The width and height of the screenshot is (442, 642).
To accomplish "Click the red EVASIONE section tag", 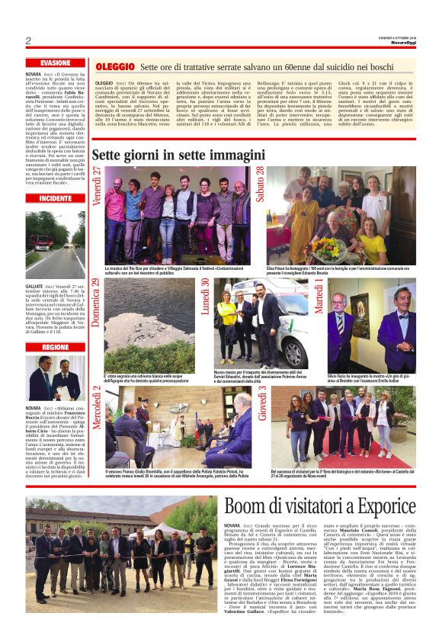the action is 56,63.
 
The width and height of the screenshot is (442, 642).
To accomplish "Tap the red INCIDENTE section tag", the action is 56,197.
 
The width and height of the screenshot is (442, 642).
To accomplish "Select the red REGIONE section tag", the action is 56,347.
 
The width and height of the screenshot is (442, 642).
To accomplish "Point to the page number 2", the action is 28,40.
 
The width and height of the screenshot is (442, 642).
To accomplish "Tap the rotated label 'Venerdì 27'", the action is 98,185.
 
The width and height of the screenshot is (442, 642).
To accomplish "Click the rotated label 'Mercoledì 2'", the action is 97,409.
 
